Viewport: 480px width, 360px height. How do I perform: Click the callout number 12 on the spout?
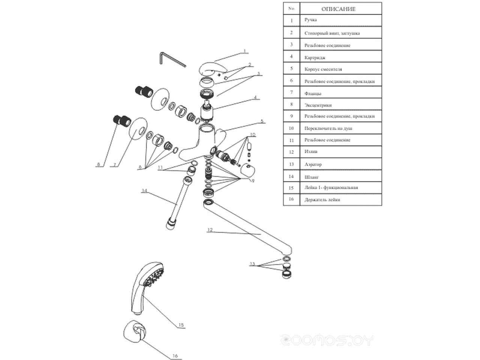(210, 229)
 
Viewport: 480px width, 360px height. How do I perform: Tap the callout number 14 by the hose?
(144, 190)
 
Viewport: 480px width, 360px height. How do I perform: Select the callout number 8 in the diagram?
(99, 164)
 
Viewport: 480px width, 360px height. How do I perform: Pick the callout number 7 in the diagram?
(115, 164)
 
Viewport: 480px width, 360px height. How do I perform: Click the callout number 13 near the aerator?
(252, 264)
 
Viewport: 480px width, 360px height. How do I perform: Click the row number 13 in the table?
(291, 164)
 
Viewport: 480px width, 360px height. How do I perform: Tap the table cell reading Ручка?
(311, 19)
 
